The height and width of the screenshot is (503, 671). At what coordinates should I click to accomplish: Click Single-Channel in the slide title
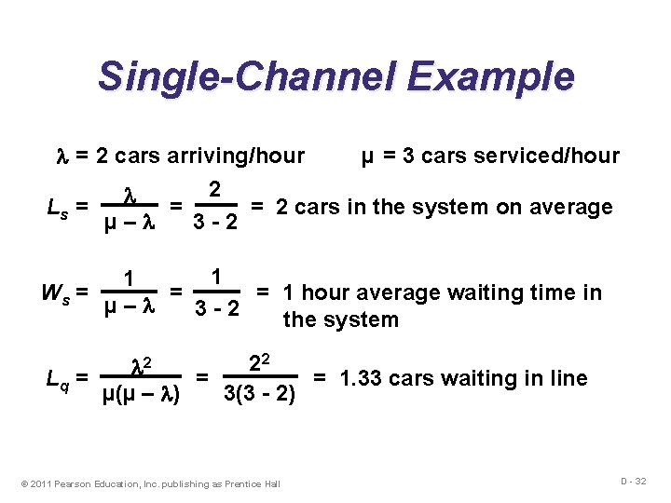coord(236,76)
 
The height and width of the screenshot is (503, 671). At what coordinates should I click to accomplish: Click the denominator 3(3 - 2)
coord(259,395)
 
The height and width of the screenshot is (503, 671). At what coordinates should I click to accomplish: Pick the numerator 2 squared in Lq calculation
coord(258,360)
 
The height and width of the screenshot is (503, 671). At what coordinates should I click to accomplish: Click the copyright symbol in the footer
coord(24,483)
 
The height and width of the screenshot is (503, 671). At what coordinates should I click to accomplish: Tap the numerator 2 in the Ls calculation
coord(214,188)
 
